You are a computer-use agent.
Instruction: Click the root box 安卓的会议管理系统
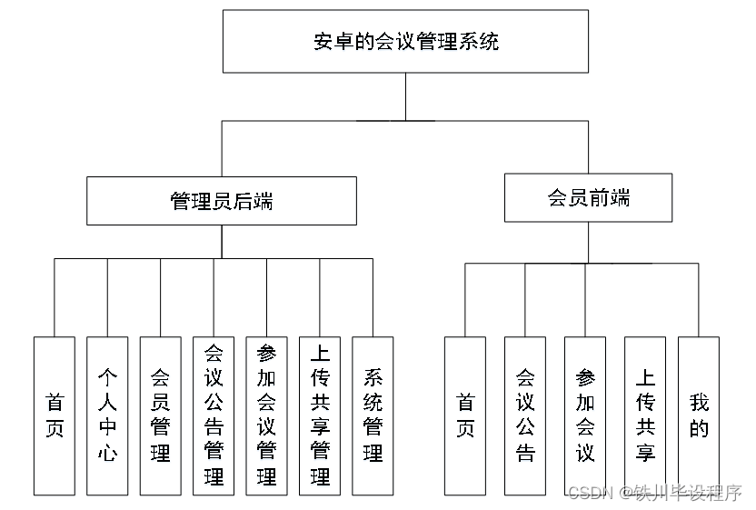pos(405,41)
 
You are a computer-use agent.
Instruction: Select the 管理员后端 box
pos(221,201)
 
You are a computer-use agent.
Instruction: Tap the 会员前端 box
pos(588,198)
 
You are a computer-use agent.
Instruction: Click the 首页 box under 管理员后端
pos(55,415)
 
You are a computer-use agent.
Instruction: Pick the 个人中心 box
pos(107,415)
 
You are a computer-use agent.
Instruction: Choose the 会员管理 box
pos(160,415)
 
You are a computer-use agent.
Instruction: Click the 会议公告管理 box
pos(214,415)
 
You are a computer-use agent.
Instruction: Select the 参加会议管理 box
pos(266,415)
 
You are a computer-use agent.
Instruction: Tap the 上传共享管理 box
pos(320,415)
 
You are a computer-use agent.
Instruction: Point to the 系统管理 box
pos(373,415)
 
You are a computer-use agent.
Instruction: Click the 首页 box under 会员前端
pos(465,415)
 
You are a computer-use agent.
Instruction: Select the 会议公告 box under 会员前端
pos(525,415)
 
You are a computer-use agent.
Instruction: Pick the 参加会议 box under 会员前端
pos(585,415)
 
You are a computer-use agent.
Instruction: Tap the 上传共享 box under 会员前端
pos(645,415)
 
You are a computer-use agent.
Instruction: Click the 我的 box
pos(698,415)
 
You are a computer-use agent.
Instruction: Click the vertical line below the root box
pos(405,96)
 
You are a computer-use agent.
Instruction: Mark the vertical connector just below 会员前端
pos(588,242)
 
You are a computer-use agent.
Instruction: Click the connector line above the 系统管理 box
pos(373,297)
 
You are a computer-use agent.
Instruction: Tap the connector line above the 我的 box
pos(698,300)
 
